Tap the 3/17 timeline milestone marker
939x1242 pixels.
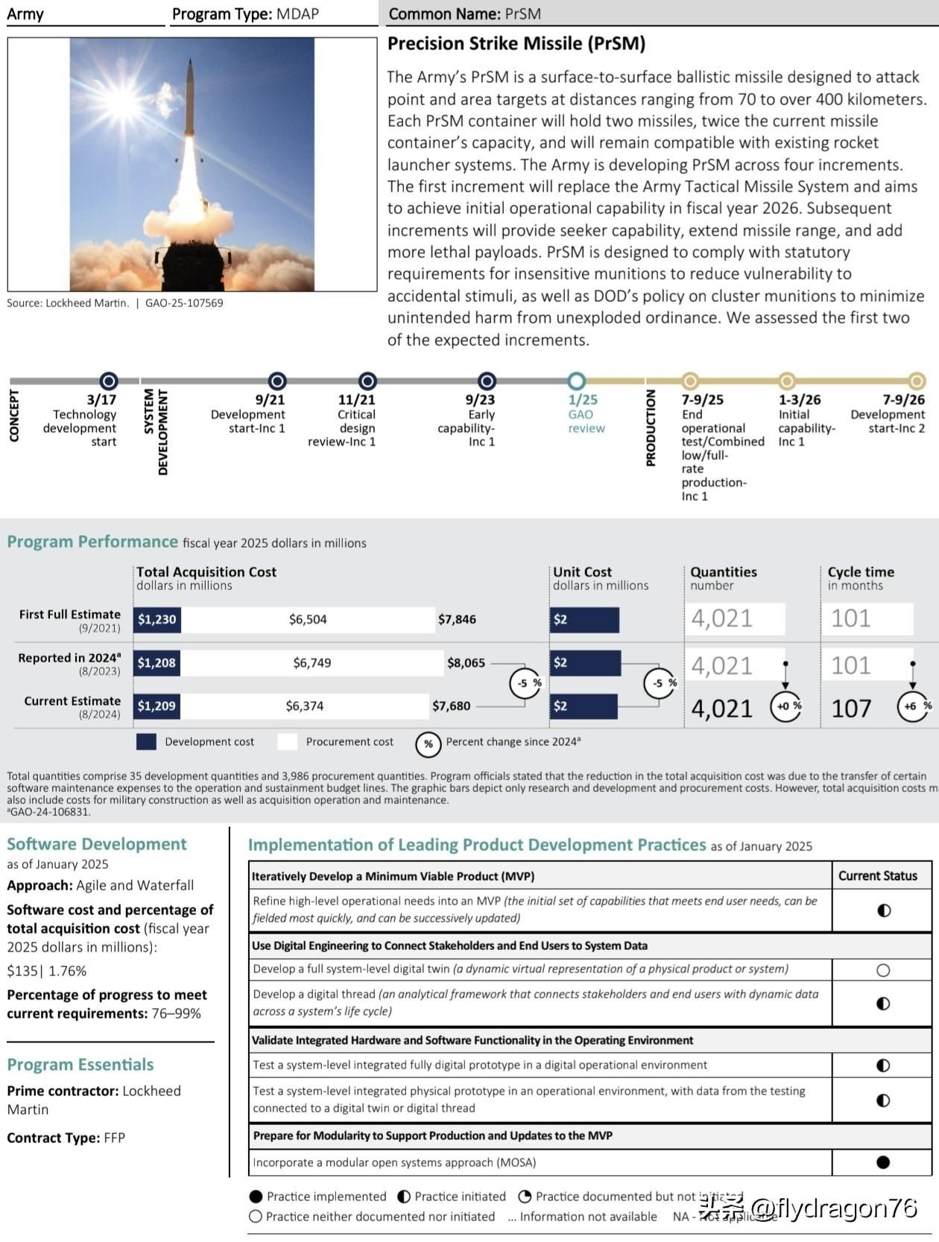pos(109,381)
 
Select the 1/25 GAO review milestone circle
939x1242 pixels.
pos(576,381)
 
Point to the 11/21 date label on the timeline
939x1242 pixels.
pos(356,400)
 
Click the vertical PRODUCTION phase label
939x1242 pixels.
pos(651,428)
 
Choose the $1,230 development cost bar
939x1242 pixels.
pos(157,619)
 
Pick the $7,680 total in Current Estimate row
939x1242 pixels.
pos(451,706)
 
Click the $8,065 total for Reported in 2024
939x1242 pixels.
pos(466,662)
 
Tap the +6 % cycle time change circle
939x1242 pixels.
pos(913,706)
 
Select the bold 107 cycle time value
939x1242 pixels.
pos(851,708)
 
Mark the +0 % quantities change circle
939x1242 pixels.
pos(785,706)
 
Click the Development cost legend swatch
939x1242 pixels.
pos(146,742)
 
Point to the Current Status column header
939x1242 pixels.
pos(877,875)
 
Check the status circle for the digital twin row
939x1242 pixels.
pos(883,970)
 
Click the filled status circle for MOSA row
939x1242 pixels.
pos(883,1162)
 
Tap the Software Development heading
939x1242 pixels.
pos(96,844)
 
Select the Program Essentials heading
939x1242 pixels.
pos(80,1065)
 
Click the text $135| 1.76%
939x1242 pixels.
pos(47,971)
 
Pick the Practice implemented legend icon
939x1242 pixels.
pos(256,1197)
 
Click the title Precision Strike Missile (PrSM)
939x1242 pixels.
pos(516,44)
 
